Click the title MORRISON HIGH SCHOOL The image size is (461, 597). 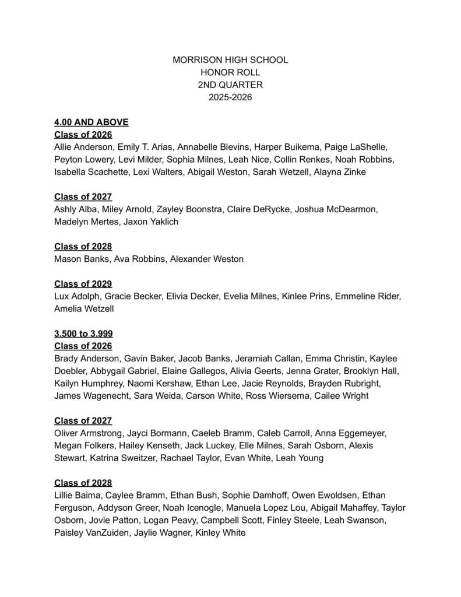(230, 60)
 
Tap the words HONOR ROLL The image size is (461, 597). (230, 72)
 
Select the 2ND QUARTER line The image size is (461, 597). (230, 85)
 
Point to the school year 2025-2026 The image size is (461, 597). (230, 97)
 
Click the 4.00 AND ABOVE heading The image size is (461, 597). (91, 122)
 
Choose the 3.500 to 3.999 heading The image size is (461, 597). (83, 333)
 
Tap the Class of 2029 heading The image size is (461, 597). (83, 284)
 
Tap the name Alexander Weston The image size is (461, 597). (207, 259)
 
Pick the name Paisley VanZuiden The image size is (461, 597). (89, 532)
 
